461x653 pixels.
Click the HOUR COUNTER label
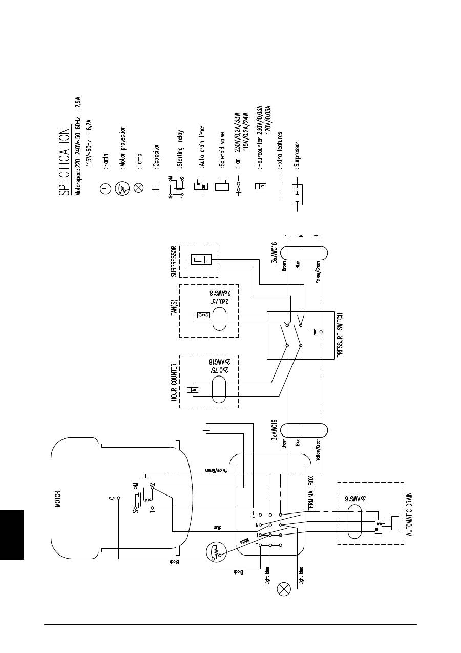click(x=174, y=382)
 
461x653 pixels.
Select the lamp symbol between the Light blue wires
click(x=283, y=589)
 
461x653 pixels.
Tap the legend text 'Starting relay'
click(x=181, y=149)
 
